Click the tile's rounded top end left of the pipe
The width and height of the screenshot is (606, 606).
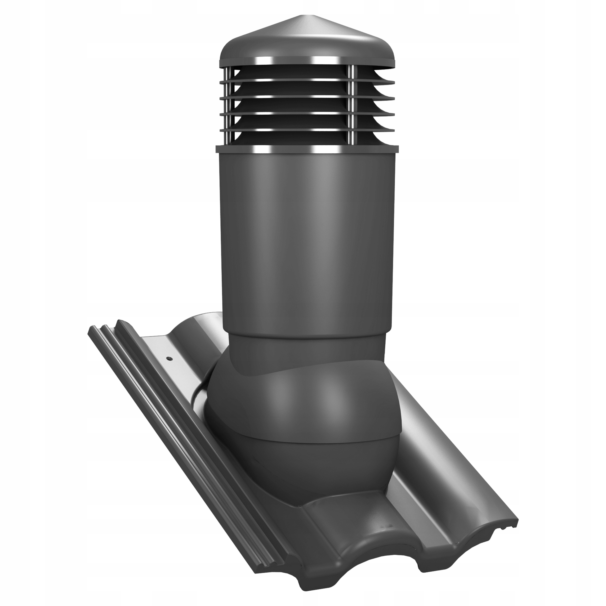(x=201, y=323)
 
